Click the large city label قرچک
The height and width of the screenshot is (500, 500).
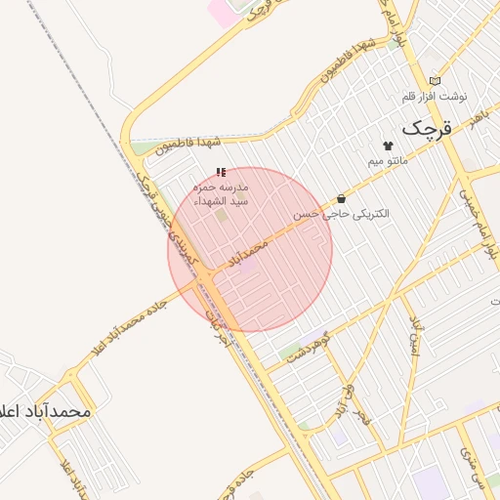428,128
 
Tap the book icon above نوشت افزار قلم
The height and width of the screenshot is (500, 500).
435,81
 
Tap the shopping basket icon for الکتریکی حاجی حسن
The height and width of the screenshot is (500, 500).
341,198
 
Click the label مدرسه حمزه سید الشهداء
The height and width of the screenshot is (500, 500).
222,193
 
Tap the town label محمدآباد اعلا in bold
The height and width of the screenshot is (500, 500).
47,411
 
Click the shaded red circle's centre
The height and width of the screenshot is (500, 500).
250,249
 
